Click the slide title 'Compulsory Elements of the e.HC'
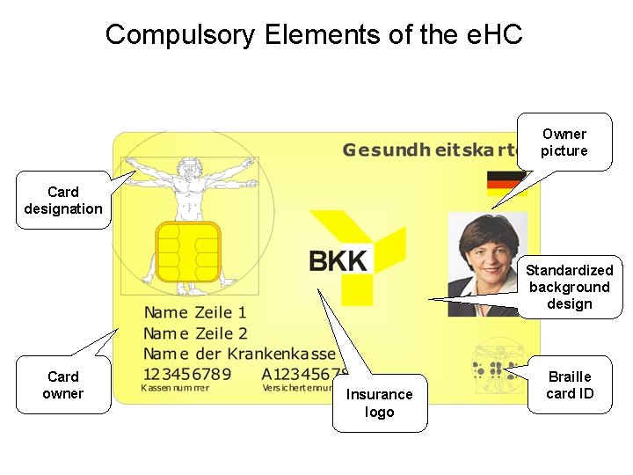(x=314, y=35)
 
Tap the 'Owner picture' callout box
(x=564, y=142)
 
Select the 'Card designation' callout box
(x=63, y=201)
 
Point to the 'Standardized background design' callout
(x=570, y=287)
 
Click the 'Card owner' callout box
(x=63, y=385)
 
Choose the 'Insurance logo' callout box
(x=380, y=404)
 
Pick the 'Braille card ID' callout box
(x=570, y=385)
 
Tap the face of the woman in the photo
(x=484, y=252)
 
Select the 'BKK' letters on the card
(x=338, y=260)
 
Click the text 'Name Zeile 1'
(x=195, y=312)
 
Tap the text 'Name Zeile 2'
(x=196, y=333)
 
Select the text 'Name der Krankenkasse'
(x=240, y=354)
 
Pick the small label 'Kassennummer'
(x=176, y=388)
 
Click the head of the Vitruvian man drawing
(x=186, y=165)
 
